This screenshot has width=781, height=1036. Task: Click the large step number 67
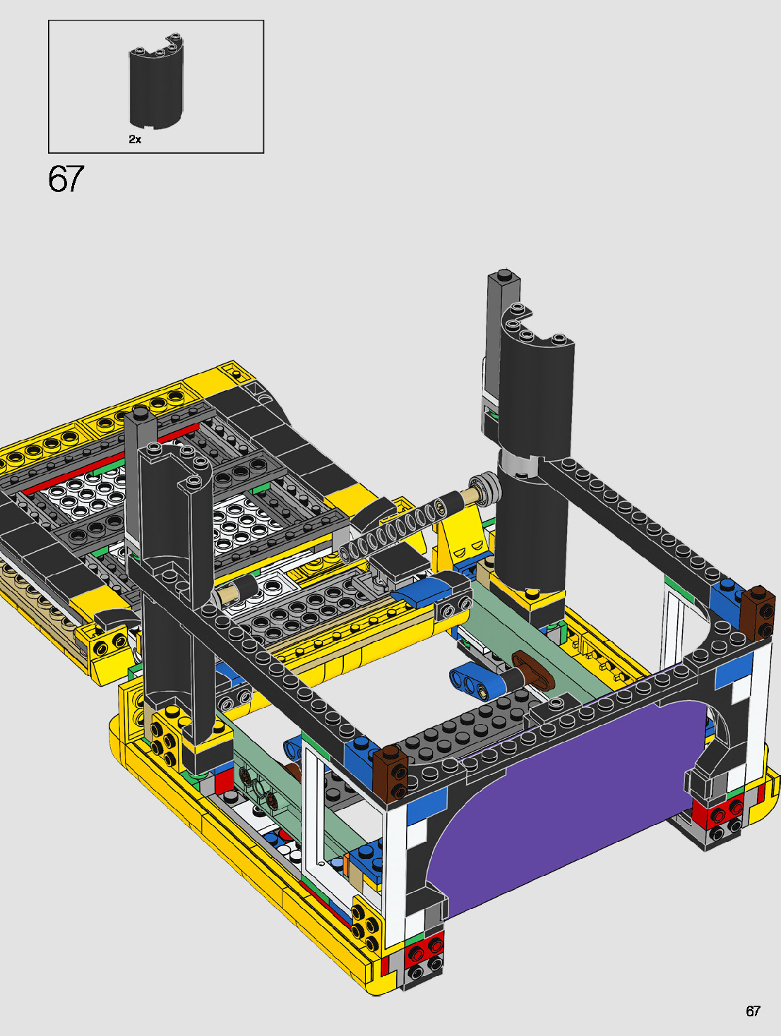66,179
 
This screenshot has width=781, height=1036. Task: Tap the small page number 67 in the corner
753,1011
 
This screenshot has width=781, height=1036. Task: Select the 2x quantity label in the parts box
135,139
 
